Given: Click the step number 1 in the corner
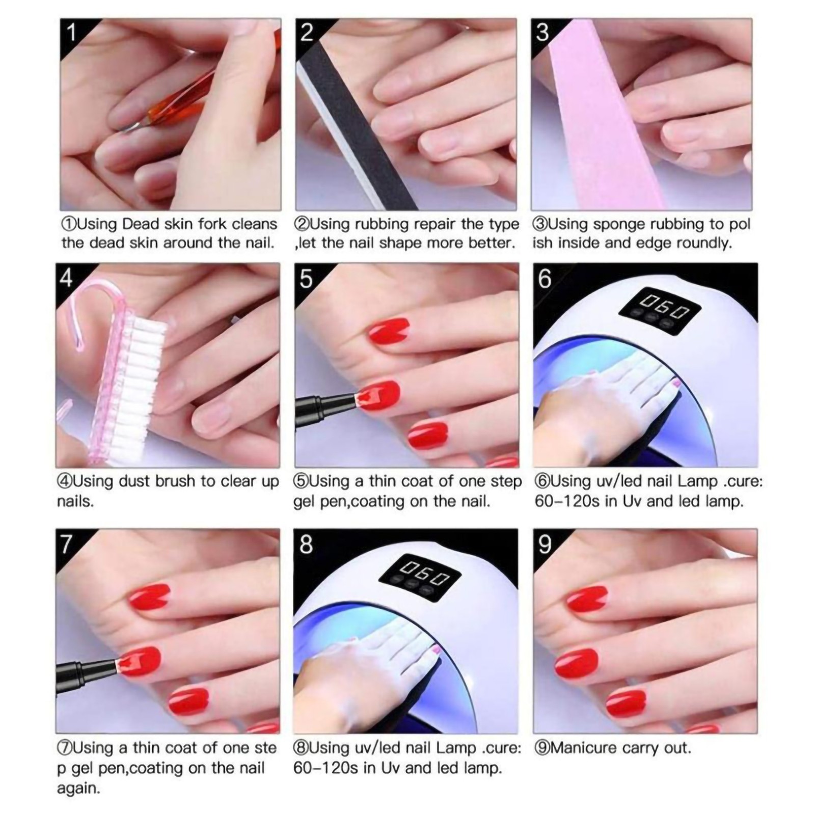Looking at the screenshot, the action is tap(72, 32).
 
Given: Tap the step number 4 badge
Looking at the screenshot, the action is tap(67, 278).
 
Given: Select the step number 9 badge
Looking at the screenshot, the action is tap(545, 544).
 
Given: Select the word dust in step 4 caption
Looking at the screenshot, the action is tap(134, 481).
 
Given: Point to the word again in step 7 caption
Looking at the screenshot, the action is tap(78, 789).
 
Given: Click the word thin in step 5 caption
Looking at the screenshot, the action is tap(384, 481).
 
